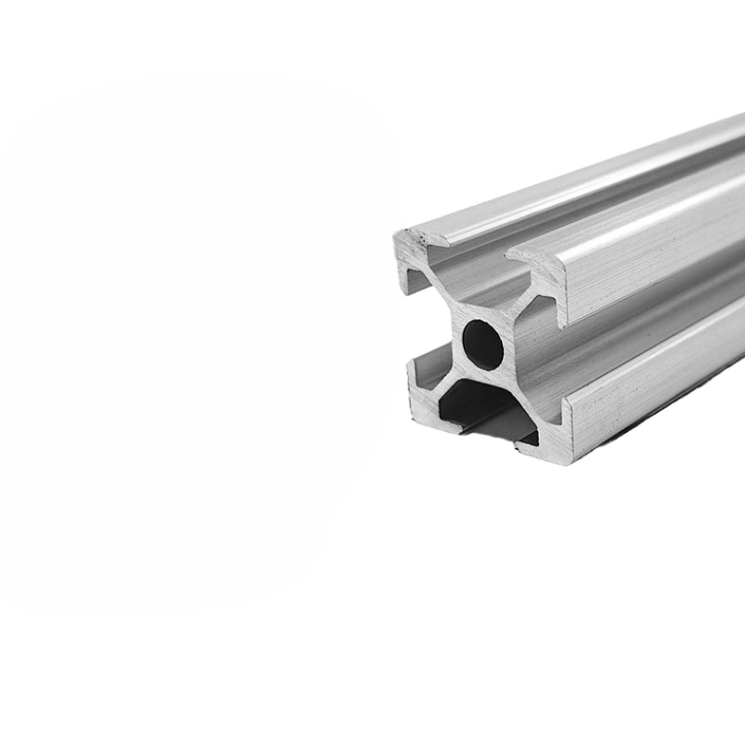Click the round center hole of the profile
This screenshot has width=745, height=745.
(483, 343)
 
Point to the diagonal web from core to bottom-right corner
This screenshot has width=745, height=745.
(518, 391)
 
